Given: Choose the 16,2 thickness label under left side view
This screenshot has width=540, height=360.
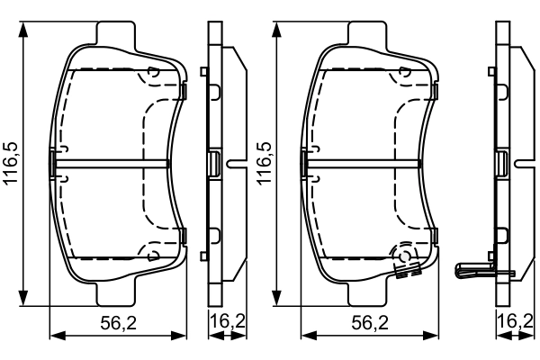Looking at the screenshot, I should (227, 321).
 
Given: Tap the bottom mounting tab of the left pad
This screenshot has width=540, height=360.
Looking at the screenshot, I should (116, 292).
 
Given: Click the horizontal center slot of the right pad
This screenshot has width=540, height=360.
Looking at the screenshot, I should (364, 163).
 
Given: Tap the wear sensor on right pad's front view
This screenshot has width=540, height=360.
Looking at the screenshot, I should (407, 263).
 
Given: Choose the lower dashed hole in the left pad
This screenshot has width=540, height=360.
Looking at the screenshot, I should (152, 253).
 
